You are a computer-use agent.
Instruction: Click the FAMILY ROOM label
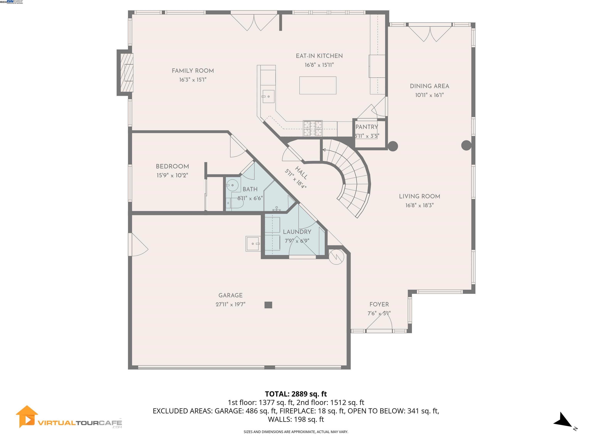tap(193, 71)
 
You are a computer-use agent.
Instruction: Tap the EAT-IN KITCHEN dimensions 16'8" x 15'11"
tap(319, 65)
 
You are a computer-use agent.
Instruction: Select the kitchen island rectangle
tap(318, 85)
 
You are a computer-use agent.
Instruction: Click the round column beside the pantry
tap(393, 146)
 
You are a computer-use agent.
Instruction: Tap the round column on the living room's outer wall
tap(466, 145)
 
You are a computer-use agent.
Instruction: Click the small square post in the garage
tap(268, 305)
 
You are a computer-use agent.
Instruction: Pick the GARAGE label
tap(230, 295)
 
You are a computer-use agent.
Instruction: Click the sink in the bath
tap(232, 185)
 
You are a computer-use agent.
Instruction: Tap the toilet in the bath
tap(235, 203)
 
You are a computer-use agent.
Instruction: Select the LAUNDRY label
tap(297, 232)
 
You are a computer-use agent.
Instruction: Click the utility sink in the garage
tap(253, 244)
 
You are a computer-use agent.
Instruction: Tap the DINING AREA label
tap(429, 86)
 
